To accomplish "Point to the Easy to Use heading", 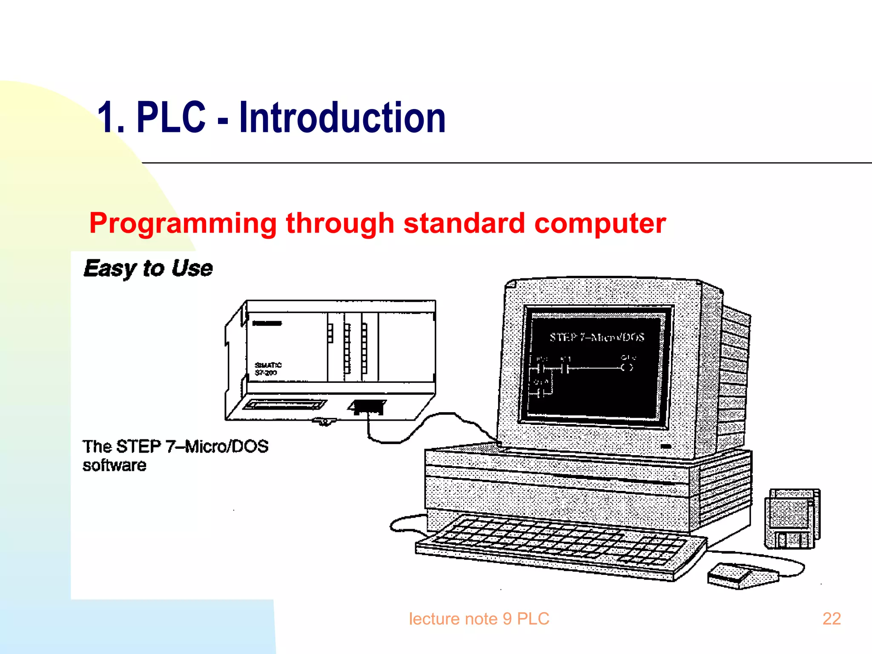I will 148,268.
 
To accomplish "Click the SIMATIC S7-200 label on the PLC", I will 267,369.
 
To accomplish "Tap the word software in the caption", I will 114,465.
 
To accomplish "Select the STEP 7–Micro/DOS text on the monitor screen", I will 597,337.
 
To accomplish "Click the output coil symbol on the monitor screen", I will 627,367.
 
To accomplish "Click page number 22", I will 831,619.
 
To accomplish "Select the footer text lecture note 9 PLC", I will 479,619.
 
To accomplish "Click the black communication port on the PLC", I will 368,406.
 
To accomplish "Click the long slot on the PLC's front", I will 284,404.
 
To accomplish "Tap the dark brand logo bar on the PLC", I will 267,323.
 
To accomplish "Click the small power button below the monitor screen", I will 665,446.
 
